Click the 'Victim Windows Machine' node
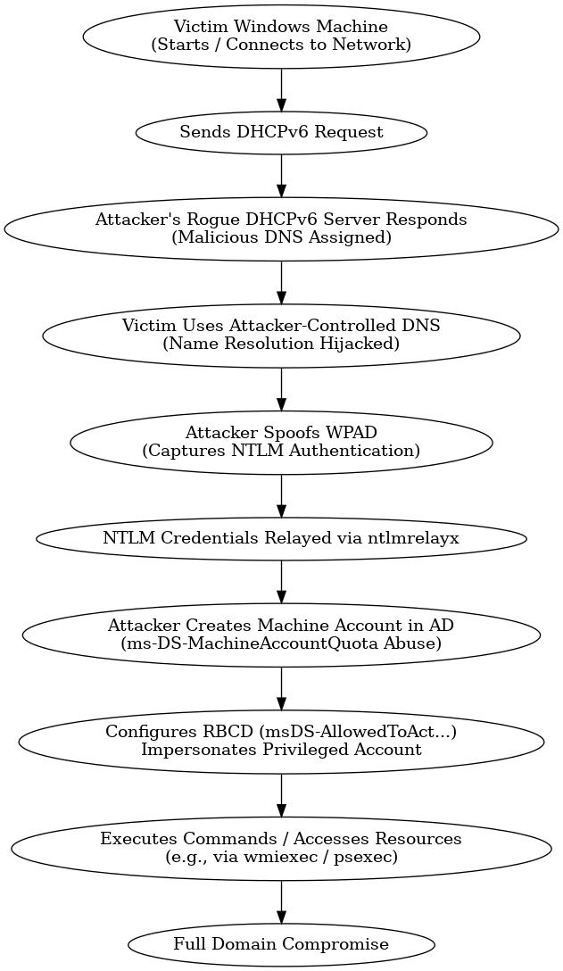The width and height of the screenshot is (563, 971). tap(281, 36)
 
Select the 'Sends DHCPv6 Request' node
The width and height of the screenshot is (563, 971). tap(281, 132)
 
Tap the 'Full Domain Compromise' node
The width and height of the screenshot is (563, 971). tap(281, 943)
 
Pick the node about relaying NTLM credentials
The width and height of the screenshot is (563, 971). tap(281, 538)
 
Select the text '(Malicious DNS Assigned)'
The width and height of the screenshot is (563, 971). tap(281, 238)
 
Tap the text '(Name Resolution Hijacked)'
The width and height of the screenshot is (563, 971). tap(281, 344)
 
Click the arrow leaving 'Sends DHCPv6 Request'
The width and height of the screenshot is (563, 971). tap(281, 173)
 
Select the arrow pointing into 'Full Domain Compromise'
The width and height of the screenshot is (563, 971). tap(281, 904)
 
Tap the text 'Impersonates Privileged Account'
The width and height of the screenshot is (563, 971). tap(281, 750)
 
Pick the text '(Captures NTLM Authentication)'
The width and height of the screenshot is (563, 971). tap(281, 450)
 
